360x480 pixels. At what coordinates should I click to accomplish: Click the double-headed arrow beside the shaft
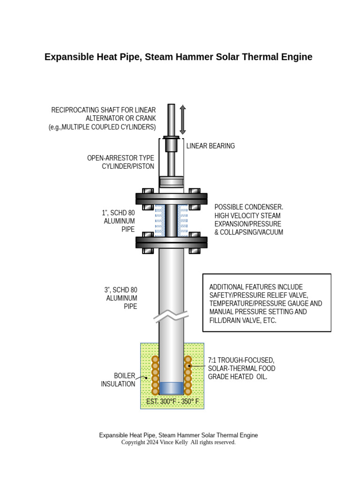(183, 120)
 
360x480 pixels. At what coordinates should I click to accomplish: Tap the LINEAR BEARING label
(210, 146)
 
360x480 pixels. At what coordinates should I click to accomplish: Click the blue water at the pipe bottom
(171, 388)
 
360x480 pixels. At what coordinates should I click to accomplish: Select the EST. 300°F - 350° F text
(172, 402)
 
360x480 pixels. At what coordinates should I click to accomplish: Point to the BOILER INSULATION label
(118, 380)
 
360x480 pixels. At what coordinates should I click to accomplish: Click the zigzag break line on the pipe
(171, 316)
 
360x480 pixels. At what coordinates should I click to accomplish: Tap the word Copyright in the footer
(134, 442)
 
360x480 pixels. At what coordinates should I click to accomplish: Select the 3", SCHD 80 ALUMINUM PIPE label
(121, 298)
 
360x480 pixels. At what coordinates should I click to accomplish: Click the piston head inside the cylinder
(171, 182)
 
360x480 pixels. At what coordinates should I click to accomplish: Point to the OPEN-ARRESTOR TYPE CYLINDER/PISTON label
(121, 162)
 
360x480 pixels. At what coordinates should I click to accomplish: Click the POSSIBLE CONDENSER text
(249, 207)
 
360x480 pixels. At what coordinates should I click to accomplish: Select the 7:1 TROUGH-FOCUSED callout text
(241, 360)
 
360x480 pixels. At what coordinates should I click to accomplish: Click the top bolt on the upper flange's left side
(147, 191)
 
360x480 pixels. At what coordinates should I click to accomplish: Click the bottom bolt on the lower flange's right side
(195, 250)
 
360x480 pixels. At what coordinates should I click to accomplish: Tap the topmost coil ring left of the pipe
(155, 360)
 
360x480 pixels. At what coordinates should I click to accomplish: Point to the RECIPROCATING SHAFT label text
(103, 110)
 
